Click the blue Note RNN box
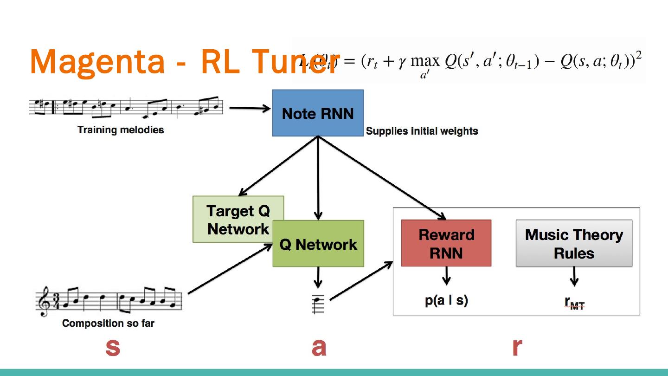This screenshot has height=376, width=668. coord(318,113)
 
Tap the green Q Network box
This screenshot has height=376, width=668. coord(318,244)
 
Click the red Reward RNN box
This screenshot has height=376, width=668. coord(446,243)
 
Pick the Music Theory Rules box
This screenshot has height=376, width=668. coord(574,243)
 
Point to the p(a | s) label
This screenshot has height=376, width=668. coord(446,300)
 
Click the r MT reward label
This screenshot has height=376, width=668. coord(574,303)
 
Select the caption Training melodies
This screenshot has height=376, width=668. coord(121,130)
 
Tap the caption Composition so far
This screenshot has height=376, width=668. coord(108,323)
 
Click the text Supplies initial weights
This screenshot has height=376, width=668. coord(422,131)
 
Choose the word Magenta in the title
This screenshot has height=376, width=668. coord(97,62)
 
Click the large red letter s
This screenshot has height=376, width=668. coord(113,346)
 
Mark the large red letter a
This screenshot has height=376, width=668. coord(319,346)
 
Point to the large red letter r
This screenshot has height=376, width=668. coord(517,346)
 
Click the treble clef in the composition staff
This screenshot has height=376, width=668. coord(45,301)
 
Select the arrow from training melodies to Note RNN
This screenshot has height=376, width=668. coord(250,108)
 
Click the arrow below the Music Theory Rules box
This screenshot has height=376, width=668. coord(574,277)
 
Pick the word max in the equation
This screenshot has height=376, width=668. coord(424,61)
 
